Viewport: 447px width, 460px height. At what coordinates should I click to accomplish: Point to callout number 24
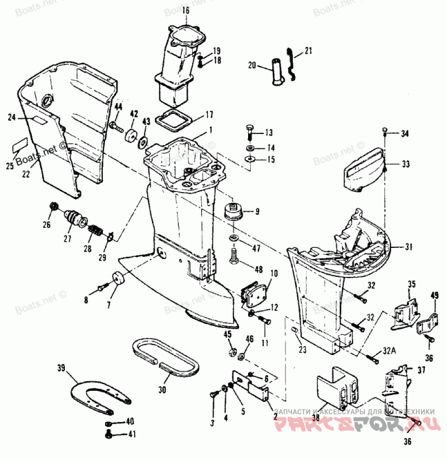coord(12,117)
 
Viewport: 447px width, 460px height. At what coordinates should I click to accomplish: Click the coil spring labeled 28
coord(97,229)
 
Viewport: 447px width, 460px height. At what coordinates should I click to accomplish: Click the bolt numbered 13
coord(250,132)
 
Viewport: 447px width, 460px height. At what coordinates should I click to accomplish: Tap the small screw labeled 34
coord(386,132)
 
